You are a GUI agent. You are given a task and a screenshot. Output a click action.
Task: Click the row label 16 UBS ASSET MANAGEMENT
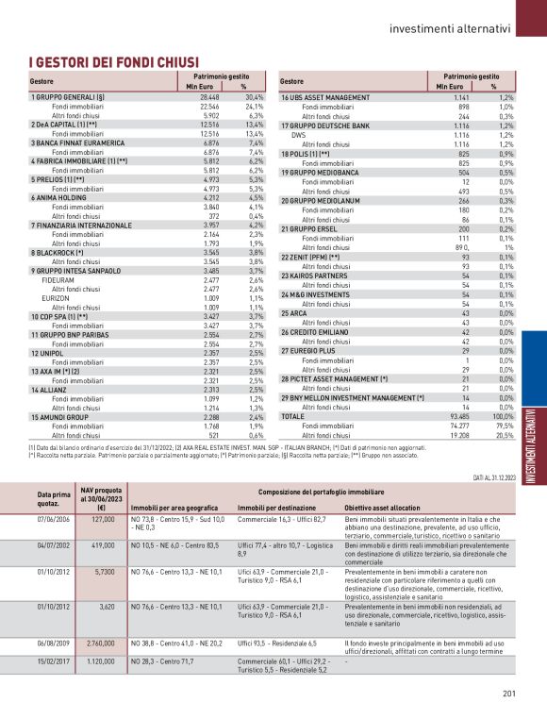pos(325,97)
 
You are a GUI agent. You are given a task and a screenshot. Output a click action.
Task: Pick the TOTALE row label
pos(293,416)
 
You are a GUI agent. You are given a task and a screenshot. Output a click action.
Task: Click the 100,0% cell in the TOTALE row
pos(505,416)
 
